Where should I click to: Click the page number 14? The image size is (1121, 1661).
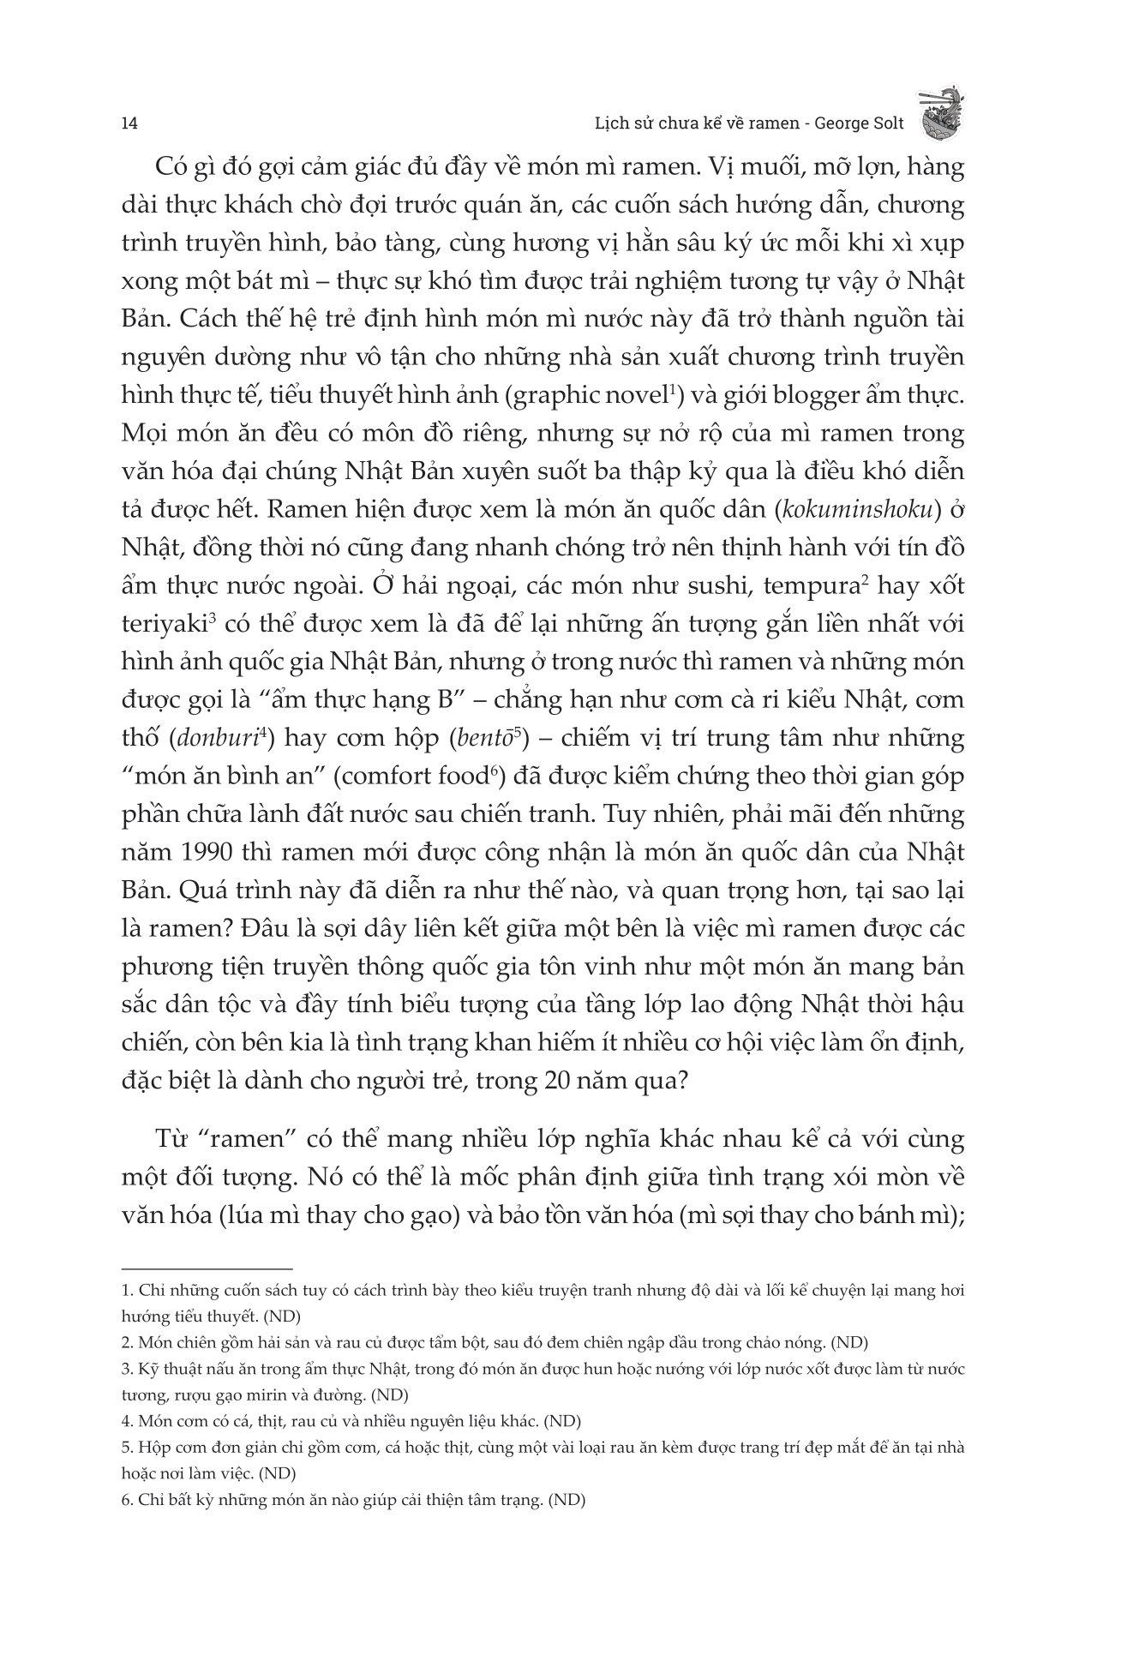129,123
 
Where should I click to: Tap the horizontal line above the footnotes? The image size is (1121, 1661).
207,1268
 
